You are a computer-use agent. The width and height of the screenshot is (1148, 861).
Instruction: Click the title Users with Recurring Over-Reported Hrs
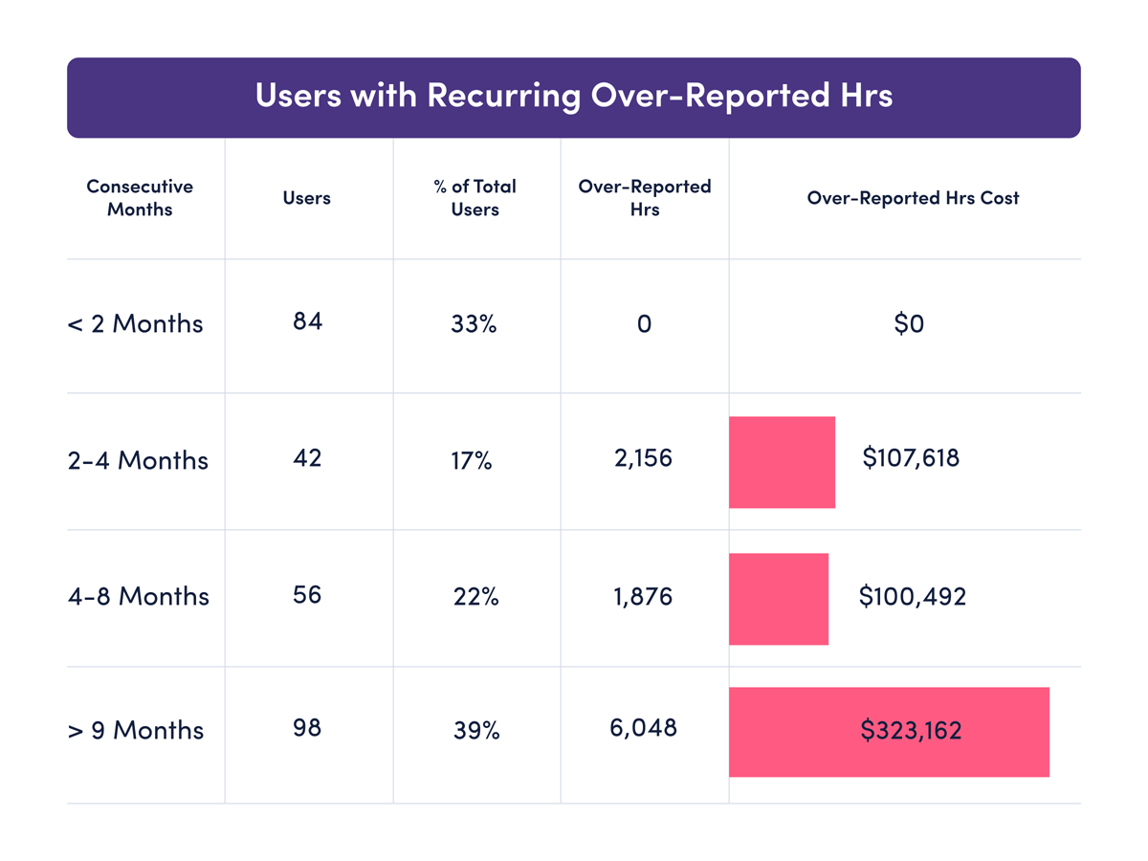[x=573, y=97]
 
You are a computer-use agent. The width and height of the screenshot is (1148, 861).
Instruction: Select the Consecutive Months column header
[x=140, y=198]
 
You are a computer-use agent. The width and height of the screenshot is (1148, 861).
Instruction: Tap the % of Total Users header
[x=475, y=198]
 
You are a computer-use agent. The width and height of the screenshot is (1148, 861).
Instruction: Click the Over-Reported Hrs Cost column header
[x=913, y=198]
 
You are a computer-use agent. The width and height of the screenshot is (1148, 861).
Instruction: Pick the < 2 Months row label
[x=135, y=324]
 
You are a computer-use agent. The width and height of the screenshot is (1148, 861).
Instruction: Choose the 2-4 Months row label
[x=138, y=461]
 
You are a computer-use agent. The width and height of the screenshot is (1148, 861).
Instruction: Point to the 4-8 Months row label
[x=138, y=597]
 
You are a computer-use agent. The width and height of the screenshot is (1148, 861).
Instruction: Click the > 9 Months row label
[x=135, y=731]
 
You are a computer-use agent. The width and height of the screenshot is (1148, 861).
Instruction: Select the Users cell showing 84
[x=307, y=321]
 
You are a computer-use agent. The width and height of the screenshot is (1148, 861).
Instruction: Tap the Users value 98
[x=307, y=728]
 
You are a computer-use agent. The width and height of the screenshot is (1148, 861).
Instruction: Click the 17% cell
[x=472, y=461]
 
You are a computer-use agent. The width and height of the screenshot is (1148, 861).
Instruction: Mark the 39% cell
[x=475, y=731]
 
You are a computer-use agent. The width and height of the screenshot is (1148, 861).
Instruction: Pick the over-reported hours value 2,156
[x=644, y=458]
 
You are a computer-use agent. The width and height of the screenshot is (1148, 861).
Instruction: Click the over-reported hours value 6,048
[x=644, y=728]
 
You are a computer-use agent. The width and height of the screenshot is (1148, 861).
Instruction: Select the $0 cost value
[x=909, y=324]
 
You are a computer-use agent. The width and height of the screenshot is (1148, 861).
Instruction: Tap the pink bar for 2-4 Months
[x=782, y=462]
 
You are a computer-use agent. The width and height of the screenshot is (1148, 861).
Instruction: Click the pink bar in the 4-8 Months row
[x=778, y=599]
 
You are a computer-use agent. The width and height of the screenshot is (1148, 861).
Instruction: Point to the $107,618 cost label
[x=911, y=458]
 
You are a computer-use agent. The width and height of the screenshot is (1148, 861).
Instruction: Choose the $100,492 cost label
[x=913, y=597]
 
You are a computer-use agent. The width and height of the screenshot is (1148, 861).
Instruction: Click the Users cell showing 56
[x=307, y=595]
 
